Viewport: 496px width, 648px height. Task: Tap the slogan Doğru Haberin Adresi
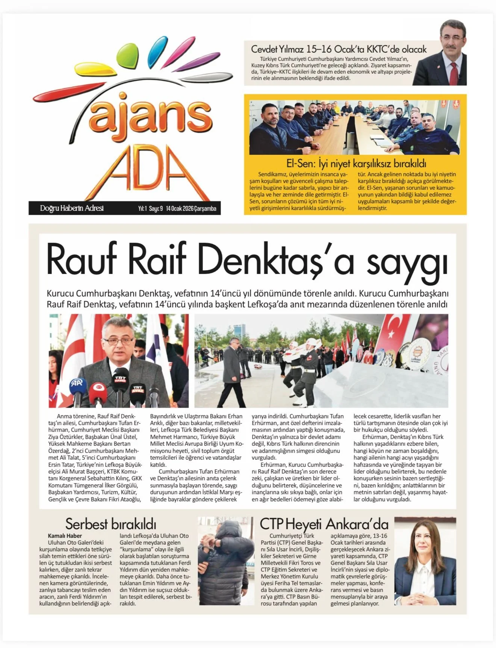[72, 208]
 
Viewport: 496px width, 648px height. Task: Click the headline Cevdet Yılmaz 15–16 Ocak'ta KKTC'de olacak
[339, 49]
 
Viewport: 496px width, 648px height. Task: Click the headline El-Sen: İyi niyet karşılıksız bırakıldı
[356, 164]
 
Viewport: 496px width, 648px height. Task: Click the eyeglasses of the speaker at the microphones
[118, 341]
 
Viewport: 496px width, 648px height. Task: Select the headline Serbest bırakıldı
[110, 524]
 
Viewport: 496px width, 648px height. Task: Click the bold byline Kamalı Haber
[65, 536]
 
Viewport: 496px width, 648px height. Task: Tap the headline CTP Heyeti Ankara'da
[324, 524]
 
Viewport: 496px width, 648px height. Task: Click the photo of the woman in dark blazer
[425, 561]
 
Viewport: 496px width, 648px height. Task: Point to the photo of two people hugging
[226, 561]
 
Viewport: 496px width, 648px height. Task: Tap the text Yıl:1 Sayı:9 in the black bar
[150, 209]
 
